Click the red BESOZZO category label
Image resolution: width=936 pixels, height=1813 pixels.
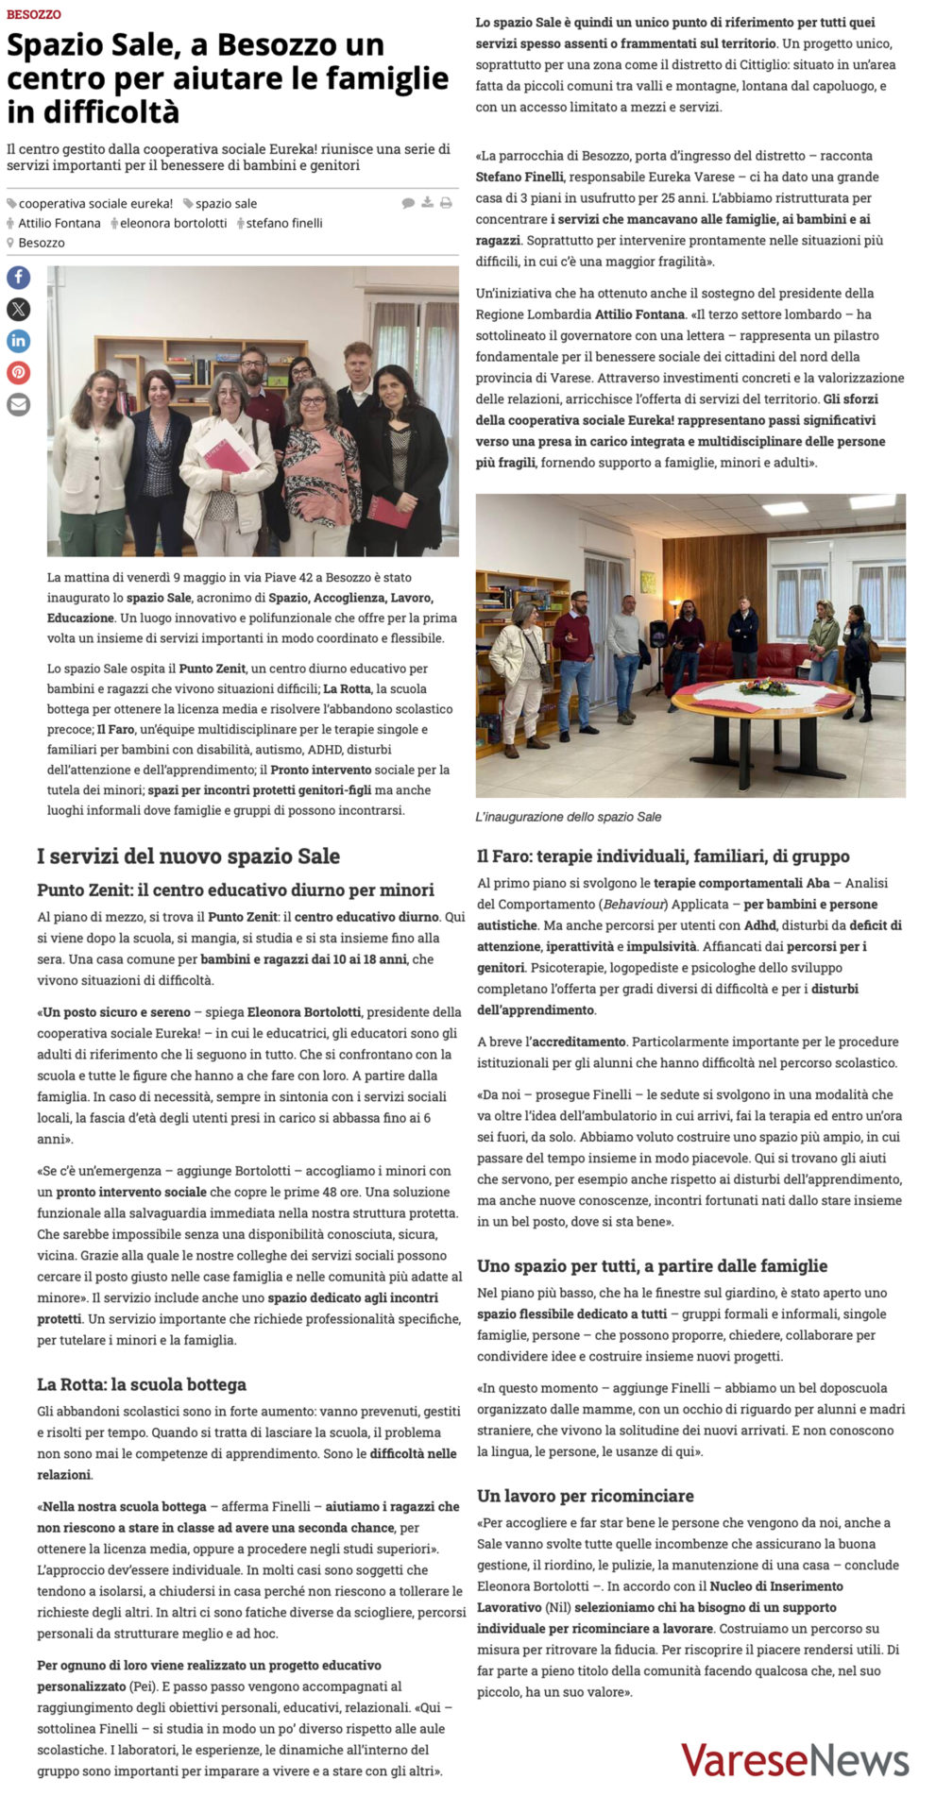34,15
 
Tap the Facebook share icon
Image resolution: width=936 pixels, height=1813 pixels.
19,277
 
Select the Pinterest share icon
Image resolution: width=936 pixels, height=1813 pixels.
19,372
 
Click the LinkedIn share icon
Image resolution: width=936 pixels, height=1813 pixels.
19,341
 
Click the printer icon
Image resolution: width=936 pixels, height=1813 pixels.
446,202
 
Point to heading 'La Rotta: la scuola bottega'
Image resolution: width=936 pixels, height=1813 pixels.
142,1384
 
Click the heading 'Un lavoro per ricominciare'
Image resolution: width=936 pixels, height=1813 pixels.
586,1496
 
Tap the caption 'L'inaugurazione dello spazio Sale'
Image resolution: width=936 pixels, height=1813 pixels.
569,817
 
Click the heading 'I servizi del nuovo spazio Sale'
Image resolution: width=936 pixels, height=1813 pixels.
189,856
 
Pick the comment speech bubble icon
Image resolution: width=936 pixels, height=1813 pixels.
408,202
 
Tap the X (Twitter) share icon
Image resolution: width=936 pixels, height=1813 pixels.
19,309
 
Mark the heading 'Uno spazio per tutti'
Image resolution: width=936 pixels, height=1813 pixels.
652,1266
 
